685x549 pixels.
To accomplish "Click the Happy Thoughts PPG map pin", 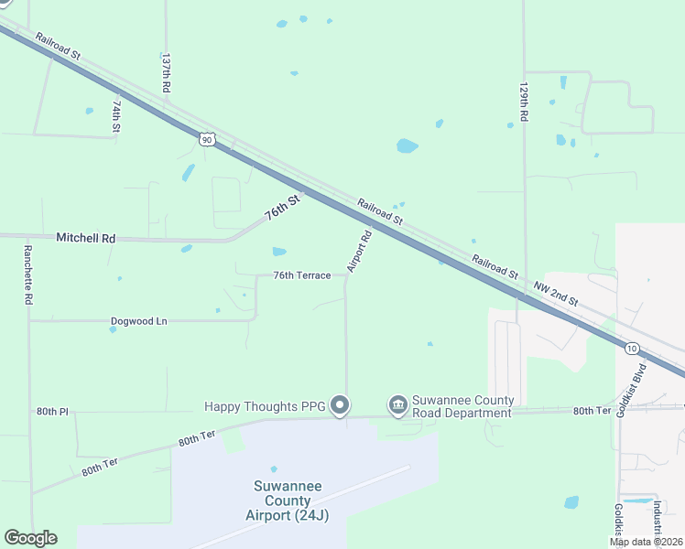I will [x=340, y=404].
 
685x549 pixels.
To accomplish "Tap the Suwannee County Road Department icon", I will [x=397, y=404].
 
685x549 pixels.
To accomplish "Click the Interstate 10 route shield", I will [x=632, y=348].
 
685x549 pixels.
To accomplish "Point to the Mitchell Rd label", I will [x=86, y=238].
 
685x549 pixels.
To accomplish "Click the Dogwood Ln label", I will [x=139, y=321].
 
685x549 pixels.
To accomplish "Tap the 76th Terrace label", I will [x=301, y=275].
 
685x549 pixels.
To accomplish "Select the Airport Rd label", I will [x=360, y=251].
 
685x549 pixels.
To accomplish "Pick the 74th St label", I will [x=116, y=116].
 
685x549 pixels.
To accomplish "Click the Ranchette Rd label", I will [x=28, y=274].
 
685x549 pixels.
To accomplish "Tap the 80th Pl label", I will [x=52, y=412].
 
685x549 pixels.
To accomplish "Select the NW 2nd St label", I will [x=556, y=294].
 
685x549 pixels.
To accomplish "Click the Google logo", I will [x=30, y=538].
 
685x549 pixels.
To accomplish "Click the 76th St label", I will [x=282, y=208].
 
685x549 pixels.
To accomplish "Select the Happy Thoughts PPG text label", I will [x=266, y=405].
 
